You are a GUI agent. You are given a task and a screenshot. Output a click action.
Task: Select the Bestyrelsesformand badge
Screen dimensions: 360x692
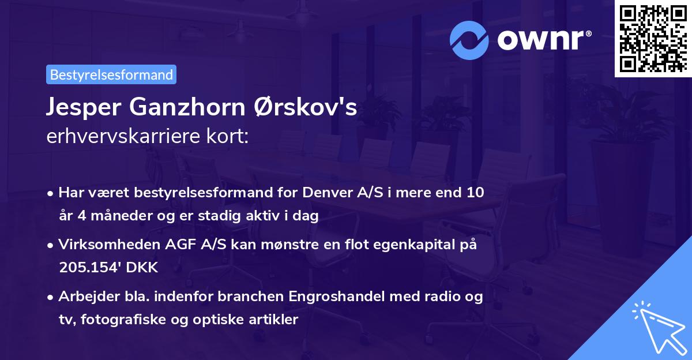click(111, 74)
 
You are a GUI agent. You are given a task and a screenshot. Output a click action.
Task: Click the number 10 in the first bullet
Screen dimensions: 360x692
click(475, 192)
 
